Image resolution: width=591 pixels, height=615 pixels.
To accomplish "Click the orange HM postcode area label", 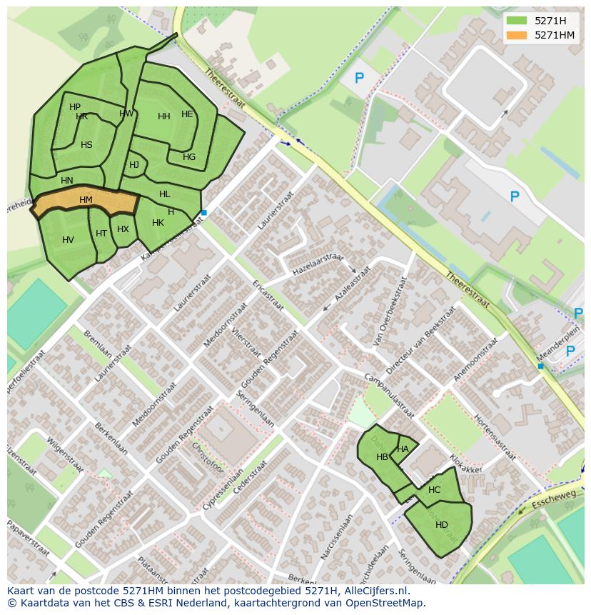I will [x=86, y=200].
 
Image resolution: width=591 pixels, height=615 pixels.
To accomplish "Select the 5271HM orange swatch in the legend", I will [x=516, y=35].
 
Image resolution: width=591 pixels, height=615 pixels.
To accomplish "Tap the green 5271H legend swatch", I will [x=516, y=21].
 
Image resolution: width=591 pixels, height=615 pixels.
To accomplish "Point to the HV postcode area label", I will [x=68, y=240].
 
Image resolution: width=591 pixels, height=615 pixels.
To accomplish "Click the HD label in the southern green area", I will [x=442, y=525].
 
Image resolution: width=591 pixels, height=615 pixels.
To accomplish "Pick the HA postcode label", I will [x=403, y=449].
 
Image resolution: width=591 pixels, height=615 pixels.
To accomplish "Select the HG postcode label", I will [x=189, y=157].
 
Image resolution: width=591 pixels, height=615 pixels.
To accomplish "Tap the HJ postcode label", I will [x=134, y=165].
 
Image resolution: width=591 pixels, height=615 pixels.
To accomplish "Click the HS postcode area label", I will [x=86, y=145].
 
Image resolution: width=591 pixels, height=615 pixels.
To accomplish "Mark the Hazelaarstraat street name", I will [x=318, y=265].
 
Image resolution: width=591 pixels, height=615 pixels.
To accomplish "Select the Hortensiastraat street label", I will [x=493, y=437].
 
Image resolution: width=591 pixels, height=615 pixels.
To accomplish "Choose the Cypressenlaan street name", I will [x=223, y=489].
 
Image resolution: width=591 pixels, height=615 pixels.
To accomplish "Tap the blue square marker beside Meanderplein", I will [x=540, y=366].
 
